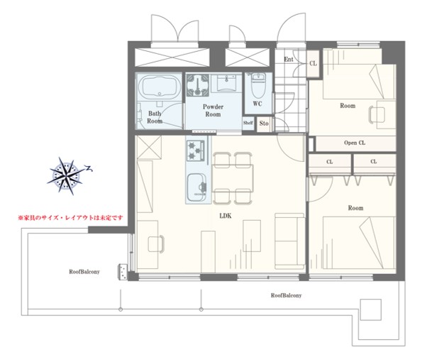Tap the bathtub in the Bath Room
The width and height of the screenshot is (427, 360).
click(x=159, y=87)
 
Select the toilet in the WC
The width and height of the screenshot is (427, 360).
click(x=258, y=85)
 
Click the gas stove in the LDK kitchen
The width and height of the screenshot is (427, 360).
click(x=196, y=150)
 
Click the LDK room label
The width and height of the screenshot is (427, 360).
click(x=226, y=216)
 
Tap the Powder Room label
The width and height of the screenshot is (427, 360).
click(x=213, y=110)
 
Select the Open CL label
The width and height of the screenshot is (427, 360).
click(x=355, y=143)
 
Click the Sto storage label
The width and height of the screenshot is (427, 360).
click(x=264, y=124)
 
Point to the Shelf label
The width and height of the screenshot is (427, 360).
click(x=248, y=123)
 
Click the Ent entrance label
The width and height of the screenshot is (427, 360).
click(x=289, y=59)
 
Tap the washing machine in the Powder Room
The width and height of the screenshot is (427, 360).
click(x=198, y=85)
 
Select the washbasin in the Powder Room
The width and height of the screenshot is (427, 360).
click(x=226, y=83)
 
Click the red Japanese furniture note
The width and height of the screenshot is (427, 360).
click(x=70, y=218)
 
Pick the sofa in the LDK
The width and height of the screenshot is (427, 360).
click(x=289, y=241)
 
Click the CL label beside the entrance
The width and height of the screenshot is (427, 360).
click(x=314, y=63)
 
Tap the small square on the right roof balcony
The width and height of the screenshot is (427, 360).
click(x=371, y=310)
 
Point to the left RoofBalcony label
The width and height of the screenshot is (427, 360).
click(x=84, y=272)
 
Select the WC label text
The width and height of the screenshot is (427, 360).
click(x=257, y=104)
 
